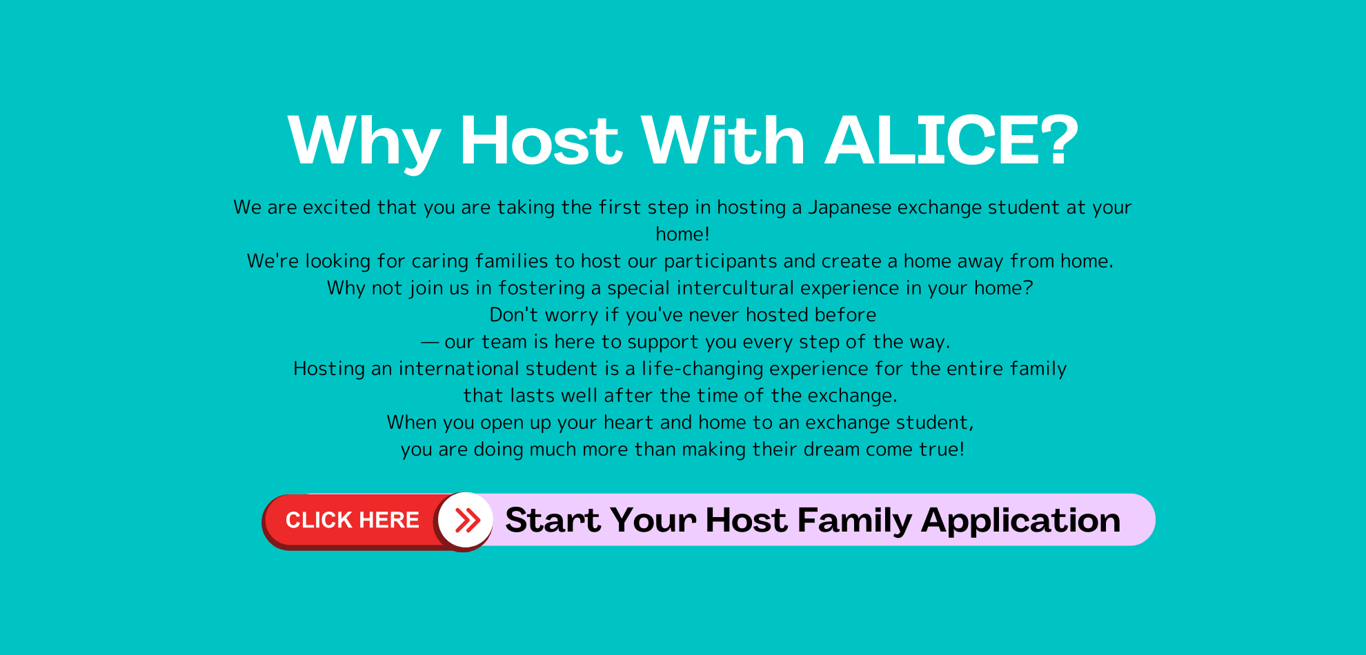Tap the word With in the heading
pos(723,141)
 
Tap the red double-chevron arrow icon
pos(467,521)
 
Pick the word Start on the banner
pos(553,521)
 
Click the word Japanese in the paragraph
pos(849,208)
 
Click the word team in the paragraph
pos(505,343)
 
